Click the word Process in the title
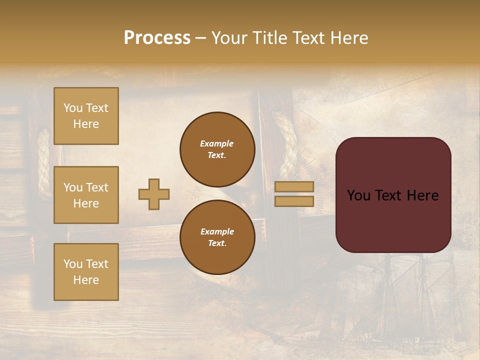point(157,37)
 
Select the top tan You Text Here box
point(86,116)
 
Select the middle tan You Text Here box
point(86,195)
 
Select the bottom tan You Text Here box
point(86,271)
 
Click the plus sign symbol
point(154,194)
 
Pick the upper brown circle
point(217,149)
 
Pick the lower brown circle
point(217,237)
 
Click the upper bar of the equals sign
point(294,186)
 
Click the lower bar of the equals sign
point(294,201)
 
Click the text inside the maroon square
point(393,195)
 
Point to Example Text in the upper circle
point(217,149)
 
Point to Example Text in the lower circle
point(217,237)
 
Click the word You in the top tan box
point(72,108)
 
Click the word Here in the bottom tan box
point(86,280)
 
